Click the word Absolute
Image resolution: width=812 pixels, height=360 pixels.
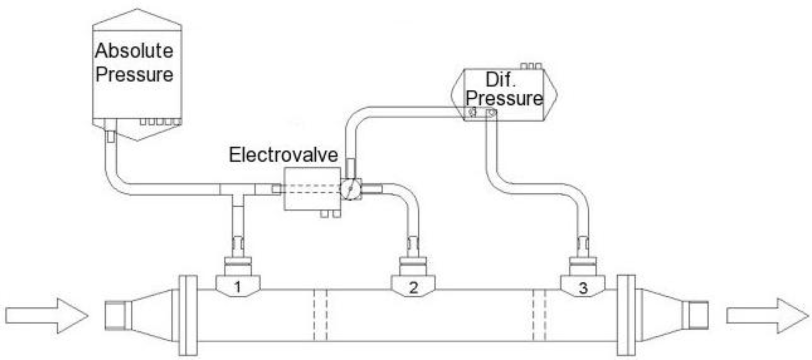pos(134,51)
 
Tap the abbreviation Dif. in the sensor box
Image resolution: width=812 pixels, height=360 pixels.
pos(500,80)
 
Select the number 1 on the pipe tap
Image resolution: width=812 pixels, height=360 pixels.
pos(238,287)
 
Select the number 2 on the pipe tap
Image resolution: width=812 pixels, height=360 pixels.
pos(413,288)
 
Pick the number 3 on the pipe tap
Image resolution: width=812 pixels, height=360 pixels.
pos(583,288)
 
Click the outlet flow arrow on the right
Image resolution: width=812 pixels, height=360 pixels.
pos(767,316)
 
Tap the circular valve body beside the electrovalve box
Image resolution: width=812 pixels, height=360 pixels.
pos(350,188)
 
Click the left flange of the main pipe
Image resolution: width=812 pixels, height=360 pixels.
pos(188,315)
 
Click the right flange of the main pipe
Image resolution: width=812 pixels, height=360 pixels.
pos(626,315)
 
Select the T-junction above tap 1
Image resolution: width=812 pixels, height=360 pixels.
pos(238,190)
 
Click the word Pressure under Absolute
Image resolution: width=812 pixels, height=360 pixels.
pos(134,75)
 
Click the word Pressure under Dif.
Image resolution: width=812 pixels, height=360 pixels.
pos(504,98)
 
